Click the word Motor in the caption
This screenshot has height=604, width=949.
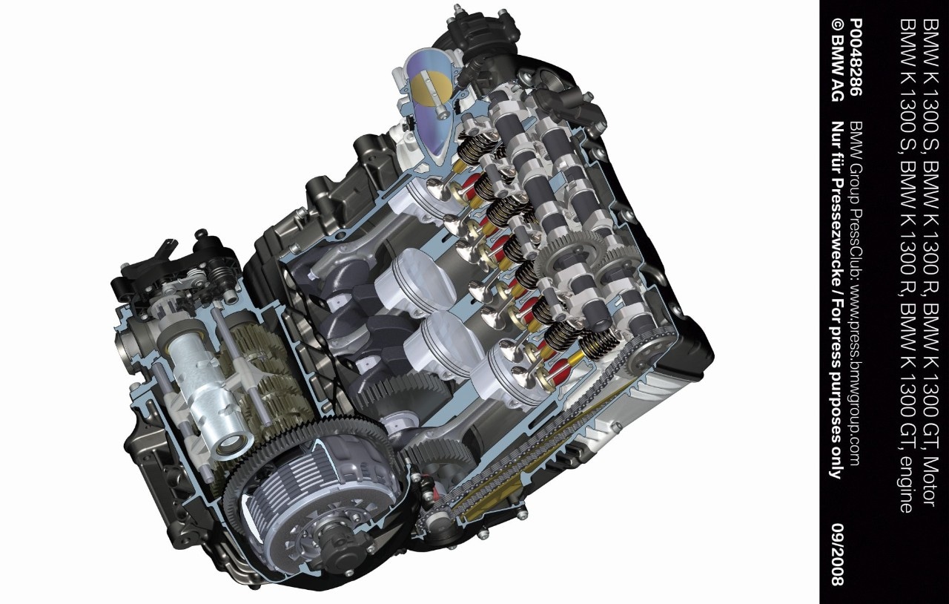[929, 482]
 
